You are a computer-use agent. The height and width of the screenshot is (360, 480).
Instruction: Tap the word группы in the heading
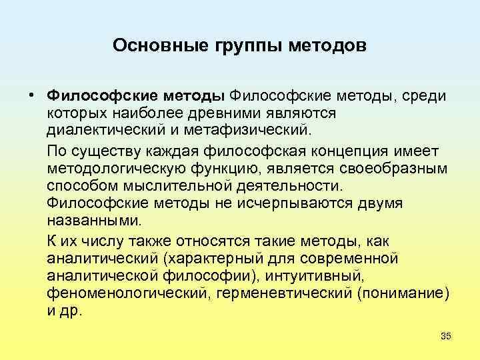241,45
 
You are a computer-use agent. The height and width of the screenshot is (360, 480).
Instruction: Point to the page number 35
445,336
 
